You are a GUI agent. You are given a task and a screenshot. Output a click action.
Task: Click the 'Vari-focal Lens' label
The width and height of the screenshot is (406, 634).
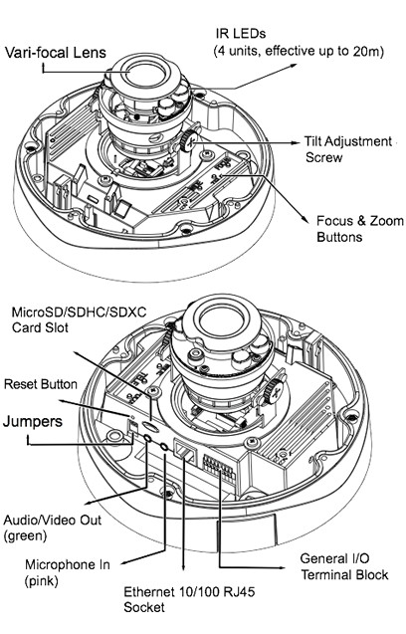coord(56,53)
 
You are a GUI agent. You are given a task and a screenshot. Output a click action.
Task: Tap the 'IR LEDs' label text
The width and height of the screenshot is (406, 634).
coord(241,33)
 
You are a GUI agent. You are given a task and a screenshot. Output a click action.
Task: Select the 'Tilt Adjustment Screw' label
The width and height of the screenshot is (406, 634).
coord(348,149)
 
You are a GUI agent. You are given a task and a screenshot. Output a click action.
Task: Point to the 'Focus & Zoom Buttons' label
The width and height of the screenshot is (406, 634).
coord(360,229)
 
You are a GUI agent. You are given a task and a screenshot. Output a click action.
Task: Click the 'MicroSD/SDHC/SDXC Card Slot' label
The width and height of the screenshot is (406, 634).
coord(80,319)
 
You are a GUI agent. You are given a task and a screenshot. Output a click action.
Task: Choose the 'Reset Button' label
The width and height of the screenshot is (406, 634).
coord(41,384)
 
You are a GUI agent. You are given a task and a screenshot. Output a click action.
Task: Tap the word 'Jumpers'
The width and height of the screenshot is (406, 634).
coord(33,421)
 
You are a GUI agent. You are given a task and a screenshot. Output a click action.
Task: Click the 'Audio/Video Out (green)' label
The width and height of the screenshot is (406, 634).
coord(53,528)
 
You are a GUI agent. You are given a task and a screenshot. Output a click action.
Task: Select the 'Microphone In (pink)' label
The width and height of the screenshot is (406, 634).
coord(67,572)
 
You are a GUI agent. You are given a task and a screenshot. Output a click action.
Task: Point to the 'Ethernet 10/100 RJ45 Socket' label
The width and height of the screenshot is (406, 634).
coord(189,599)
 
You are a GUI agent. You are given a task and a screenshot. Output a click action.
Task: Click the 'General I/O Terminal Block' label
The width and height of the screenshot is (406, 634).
coord(344,566)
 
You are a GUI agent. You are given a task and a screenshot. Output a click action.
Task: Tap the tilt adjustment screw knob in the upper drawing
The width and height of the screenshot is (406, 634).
coord(189,140)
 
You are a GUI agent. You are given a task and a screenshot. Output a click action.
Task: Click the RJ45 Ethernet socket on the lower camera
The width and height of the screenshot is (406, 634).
coord(184,451)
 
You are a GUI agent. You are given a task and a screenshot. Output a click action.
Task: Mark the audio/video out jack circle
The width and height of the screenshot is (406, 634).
coord(147,438)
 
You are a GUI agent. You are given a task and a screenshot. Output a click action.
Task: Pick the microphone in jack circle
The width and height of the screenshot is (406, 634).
coord(164,446)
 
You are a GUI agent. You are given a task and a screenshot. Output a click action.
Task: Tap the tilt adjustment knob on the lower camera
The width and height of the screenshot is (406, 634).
coord(274,391)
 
